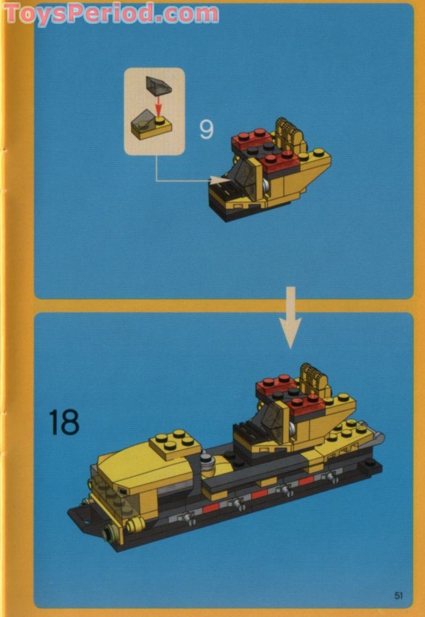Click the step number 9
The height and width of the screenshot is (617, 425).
[206, 129]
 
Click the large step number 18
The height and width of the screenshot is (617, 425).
[64, 422]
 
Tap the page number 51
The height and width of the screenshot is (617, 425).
[399, 595]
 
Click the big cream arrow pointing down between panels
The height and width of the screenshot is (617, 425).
[291, 317]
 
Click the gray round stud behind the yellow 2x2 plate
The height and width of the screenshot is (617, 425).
[207, 461]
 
